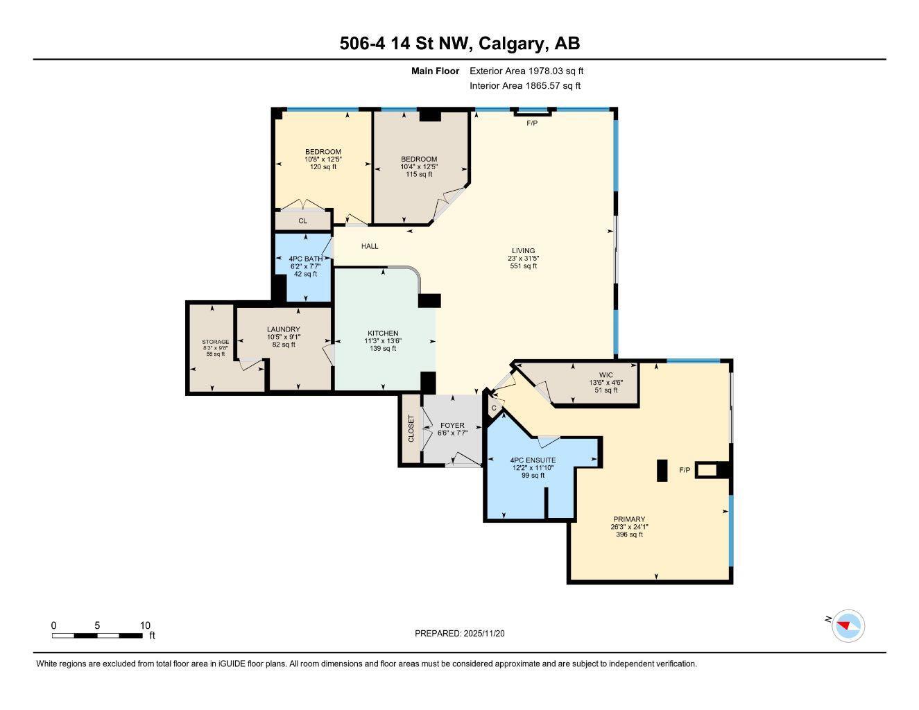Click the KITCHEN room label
(383, 333)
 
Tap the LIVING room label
(523, 251)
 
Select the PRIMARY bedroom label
(628, 519)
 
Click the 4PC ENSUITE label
(532, 460)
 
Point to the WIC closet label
(605, 375)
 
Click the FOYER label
(452, 426)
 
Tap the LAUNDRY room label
(283, 329)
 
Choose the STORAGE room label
(215, 342)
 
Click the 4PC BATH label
(305, 259)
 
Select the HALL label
(370, 246)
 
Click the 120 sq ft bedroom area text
(323, 167)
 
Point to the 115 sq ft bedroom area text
(418, 174)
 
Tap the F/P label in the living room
(532, 123)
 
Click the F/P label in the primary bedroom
(684, 470)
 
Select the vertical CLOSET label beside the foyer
(411, 428)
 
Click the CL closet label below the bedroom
(302, 221)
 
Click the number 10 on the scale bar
(145, 625)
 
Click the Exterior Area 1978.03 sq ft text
(526, 71)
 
